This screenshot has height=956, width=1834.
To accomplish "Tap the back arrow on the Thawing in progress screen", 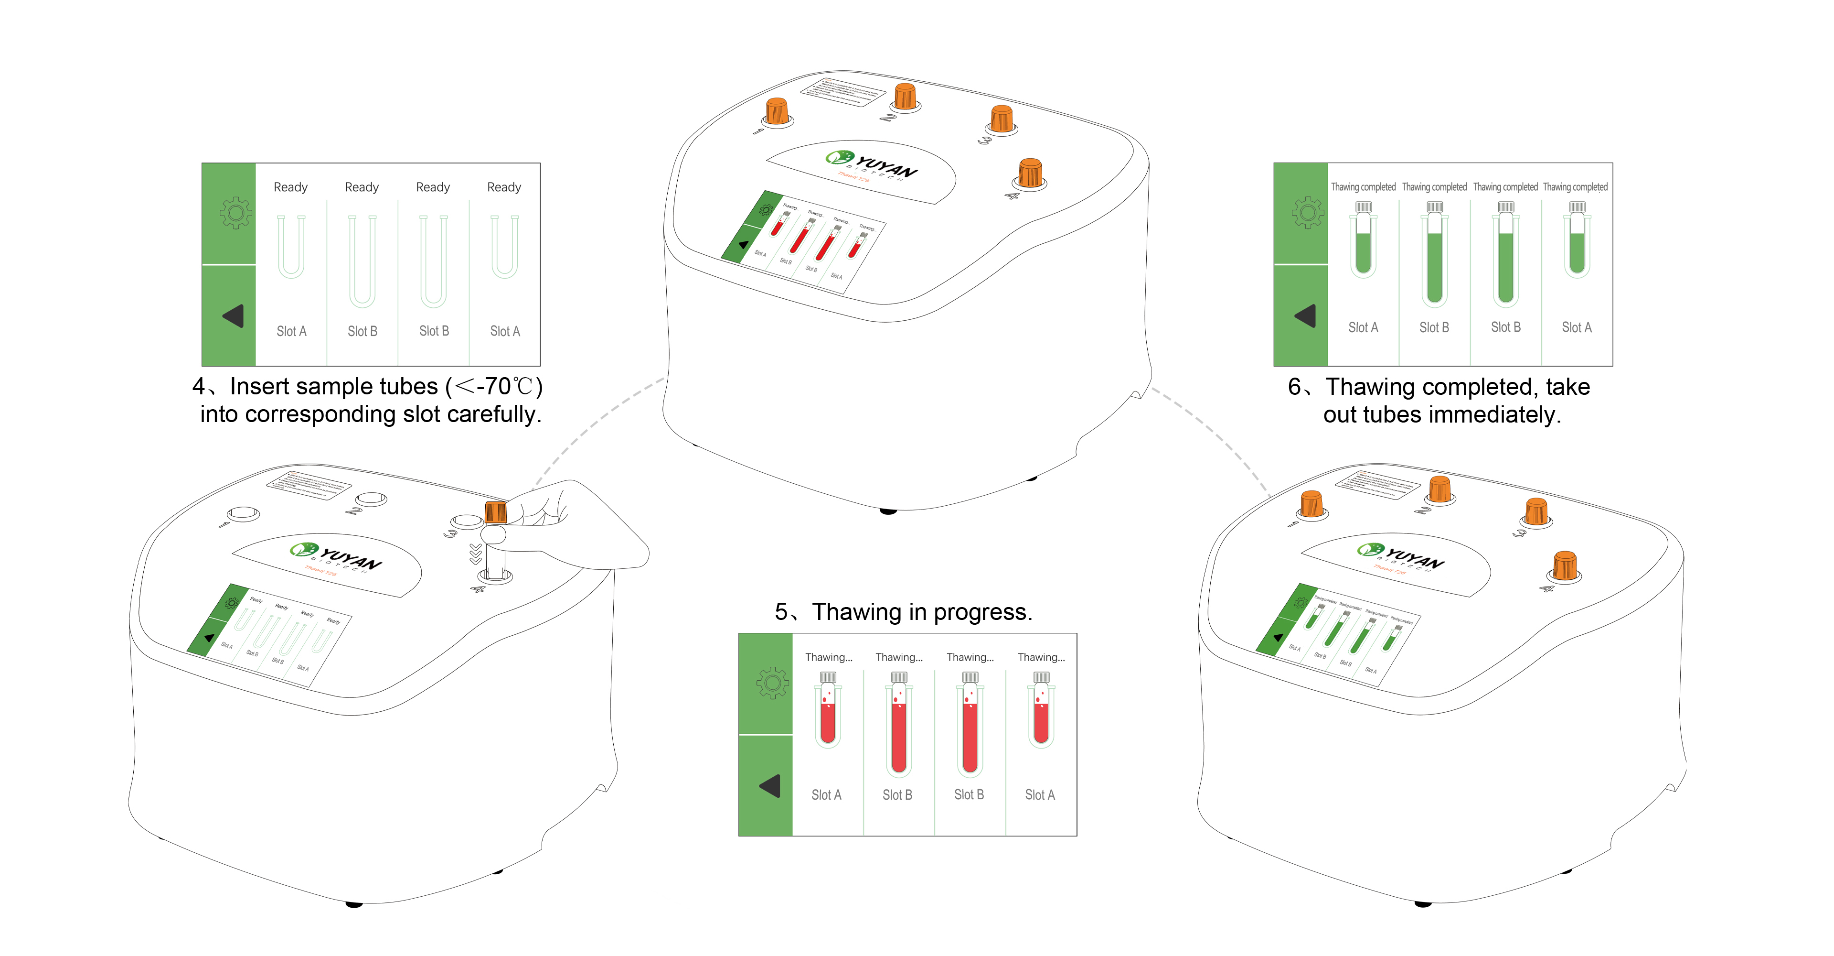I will pos(770,786).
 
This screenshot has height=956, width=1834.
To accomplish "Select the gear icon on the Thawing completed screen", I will pos(1308,212).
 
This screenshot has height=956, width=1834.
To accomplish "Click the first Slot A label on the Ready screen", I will pos(291,331).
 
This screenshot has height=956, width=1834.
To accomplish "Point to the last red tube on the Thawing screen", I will pos(1041,716).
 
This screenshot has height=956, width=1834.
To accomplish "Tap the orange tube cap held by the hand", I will pos(496,511).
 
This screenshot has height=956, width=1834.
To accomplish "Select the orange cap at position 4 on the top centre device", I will pos(1030,173).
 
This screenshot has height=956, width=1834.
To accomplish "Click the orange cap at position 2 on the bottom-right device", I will pos(1439,489).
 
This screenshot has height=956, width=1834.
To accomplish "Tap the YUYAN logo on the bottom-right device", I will pos(1403,555).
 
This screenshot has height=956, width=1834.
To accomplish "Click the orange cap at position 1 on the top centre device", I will pos(777,112).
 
